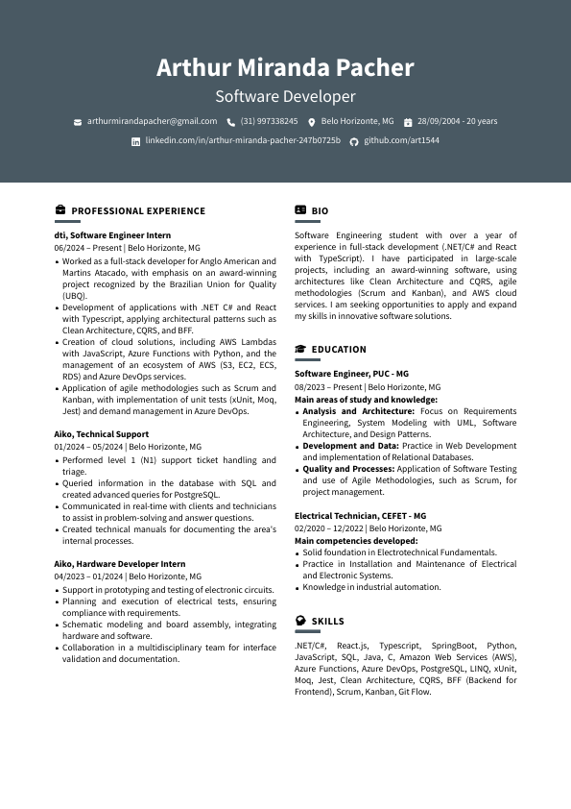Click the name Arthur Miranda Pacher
coord(285,68)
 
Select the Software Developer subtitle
coord(285,96)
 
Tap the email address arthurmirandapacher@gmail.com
coord(152,121)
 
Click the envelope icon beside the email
coord(78,122)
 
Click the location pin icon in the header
coord(312,122)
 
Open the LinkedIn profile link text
coord(242,140)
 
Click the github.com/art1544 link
coord(401,140)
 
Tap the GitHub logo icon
coord(353,141)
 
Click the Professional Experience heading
coord(138,210)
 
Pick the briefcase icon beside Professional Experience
coord(60,210)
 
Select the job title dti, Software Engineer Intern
coord(112,234)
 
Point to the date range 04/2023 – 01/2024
coord(88,576)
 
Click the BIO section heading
coord(320,210)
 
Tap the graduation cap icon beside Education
coord(300,350)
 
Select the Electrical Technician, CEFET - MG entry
coord(360,515)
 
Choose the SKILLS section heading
coord(327,622)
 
